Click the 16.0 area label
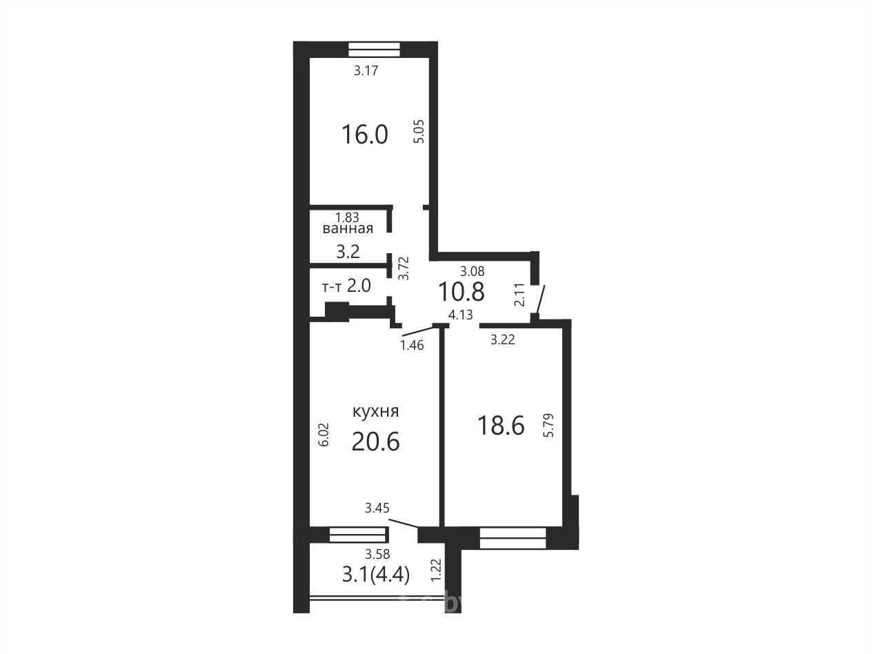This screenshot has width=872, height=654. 365,135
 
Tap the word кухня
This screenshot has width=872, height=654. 376,411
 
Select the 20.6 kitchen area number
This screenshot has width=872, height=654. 375,442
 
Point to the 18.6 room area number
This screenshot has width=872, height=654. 501,425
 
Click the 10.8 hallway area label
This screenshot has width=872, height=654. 462,292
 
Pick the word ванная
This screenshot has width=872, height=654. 348,229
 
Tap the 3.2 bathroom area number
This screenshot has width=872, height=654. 348,251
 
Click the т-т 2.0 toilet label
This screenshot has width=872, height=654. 346,286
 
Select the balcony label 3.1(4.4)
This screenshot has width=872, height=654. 376,575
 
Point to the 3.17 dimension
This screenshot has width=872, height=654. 366,70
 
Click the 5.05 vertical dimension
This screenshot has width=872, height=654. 420,131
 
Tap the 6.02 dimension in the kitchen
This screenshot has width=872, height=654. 324,435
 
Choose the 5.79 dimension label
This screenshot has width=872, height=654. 549,425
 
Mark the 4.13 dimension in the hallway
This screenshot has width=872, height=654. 461,315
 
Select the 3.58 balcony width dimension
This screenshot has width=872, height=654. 377,553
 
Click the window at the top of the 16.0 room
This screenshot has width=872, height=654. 374,50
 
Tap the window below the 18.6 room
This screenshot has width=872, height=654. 513,538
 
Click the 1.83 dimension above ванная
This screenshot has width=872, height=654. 347,217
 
